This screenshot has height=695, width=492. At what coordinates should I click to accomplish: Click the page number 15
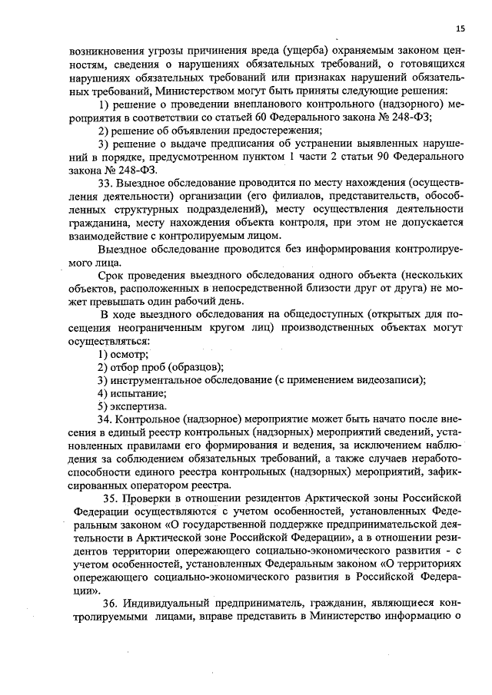pos(460,28)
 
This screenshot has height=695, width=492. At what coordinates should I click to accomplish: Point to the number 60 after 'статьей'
pos(266,117)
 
